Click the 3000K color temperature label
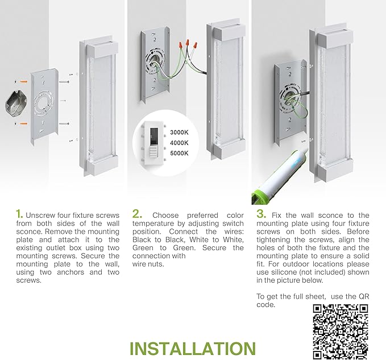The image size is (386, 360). [x=179, y=133]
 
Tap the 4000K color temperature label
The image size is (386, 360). [x=179, y=143]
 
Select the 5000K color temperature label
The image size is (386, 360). [x=179, y=153]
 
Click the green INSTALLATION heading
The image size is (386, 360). [x=193, y=349]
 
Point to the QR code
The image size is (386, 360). [x=341, y=332]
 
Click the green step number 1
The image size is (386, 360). [x=19, y=214]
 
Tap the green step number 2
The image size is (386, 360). [x=137, y=214]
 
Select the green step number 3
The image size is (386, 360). [x=261, y=214]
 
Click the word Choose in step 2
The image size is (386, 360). [x=165, y=216]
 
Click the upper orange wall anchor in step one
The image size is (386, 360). [x=24, y=81]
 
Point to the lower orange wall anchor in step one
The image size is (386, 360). [x=24, y=123]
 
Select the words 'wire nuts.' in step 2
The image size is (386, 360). [x=148, y=264]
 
